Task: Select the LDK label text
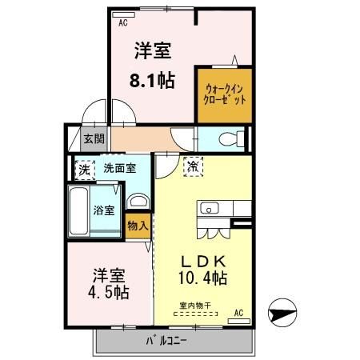[201, 262]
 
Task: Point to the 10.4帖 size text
[201, 278]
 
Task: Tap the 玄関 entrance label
[94, 138]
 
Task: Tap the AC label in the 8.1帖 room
[124, 23]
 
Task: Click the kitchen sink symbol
[209, 209]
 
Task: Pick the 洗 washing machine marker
[82, 169]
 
